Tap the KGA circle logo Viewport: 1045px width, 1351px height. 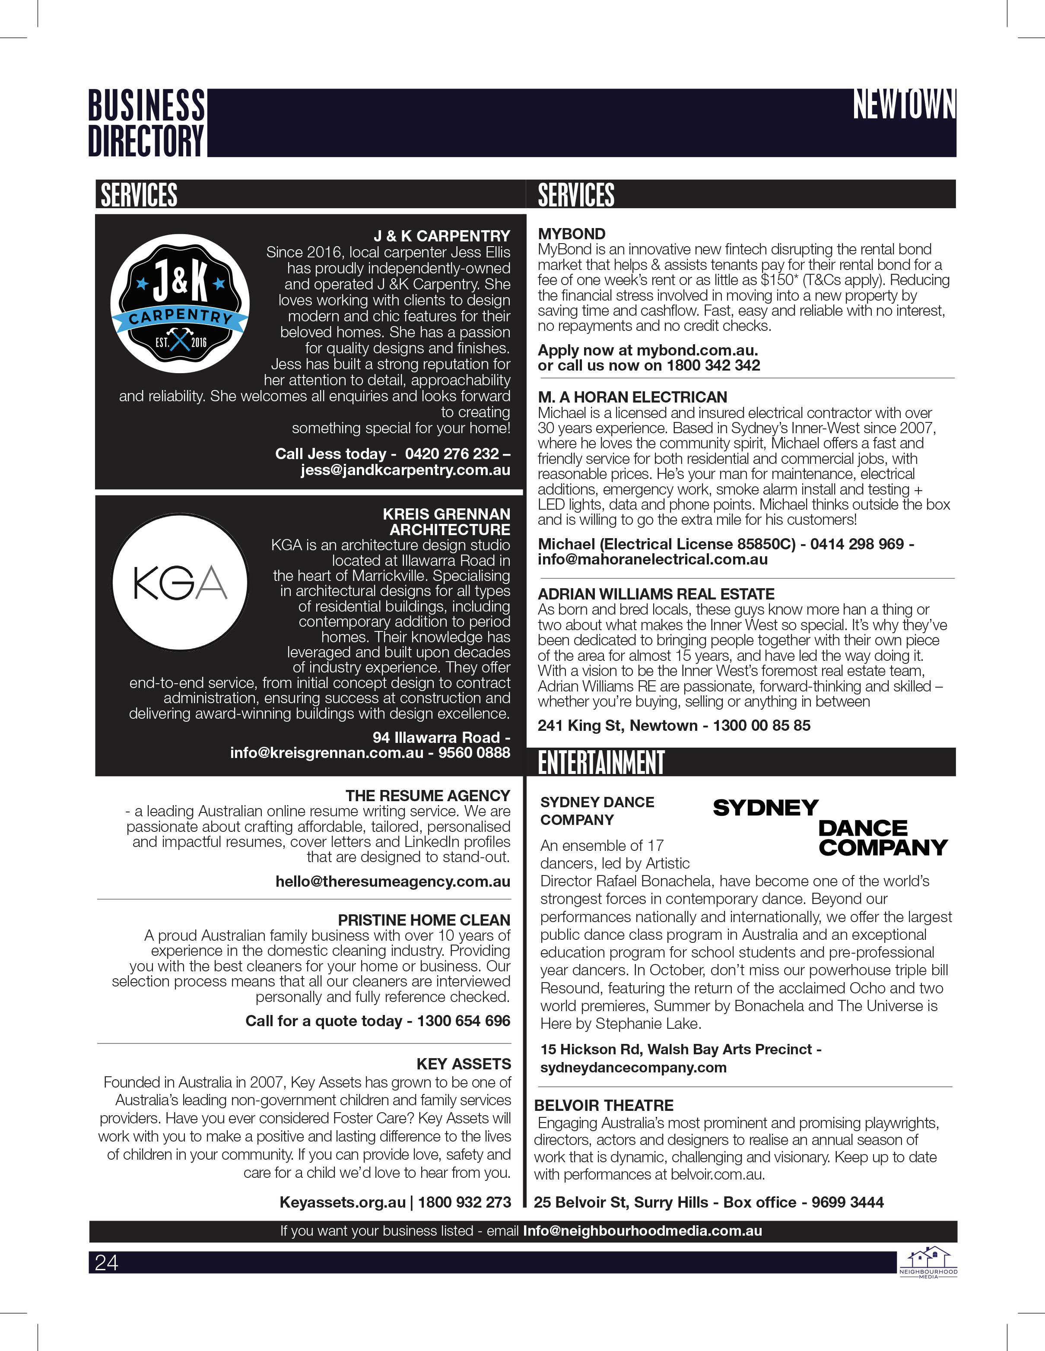180,582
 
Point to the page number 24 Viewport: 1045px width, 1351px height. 106,1262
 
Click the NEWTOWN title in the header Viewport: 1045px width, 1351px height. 904,105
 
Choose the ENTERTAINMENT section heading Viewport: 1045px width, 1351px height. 601,763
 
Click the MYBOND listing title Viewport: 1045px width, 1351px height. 572,234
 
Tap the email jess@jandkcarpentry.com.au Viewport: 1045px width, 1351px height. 405,470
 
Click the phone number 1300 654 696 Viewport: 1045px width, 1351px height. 464,1021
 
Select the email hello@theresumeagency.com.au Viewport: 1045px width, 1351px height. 393,882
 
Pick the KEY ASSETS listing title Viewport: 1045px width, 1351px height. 464,1064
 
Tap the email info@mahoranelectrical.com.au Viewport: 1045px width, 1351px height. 653,560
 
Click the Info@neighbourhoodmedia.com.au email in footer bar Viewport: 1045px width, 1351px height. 642,1231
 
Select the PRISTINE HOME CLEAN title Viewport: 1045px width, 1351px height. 424,920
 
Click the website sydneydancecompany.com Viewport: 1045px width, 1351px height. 633,1067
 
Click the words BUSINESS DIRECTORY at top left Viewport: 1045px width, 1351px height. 146,123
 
